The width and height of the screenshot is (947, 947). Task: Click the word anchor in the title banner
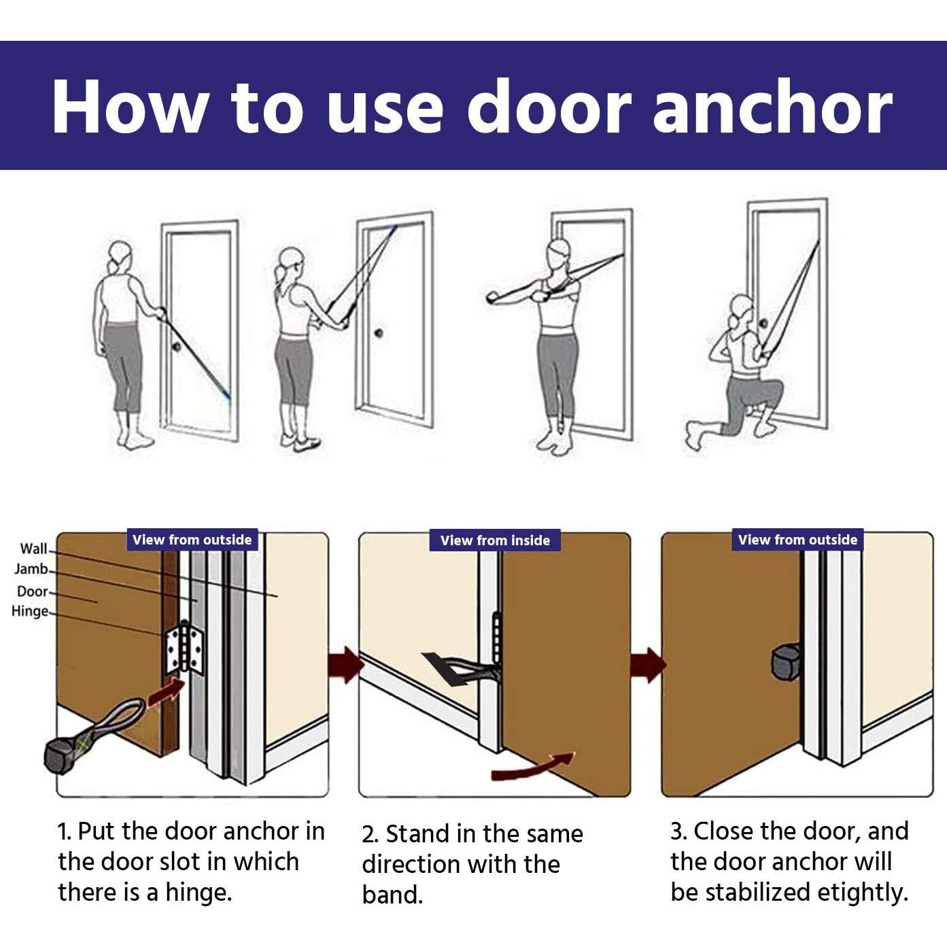tap(772, 107)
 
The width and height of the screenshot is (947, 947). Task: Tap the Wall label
tap(33, 549)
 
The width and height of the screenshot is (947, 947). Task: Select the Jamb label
tap(31, 569)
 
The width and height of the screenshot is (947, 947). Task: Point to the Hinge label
tap(30, 611)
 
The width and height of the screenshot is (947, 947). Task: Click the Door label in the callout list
tap(33, 591)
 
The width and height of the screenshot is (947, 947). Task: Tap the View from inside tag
tap(495, 540)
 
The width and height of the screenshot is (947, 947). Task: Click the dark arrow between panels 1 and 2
tap(347, 664)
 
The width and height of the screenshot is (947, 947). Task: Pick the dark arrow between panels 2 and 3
tap(648, 665)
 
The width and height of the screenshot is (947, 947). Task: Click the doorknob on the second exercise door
tap(379, 333)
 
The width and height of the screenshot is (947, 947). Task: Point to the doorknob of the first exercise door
tap(175, 346)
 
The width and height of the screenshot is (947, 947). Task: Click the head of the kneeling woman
tap(741, 309)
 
